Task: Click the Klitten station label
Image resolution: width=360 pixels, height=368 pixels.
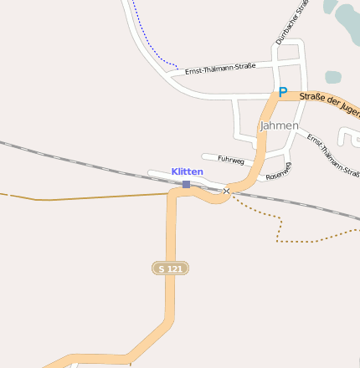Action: click(188, 171)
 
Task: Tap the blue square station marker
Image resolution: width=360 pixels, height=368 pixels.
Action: click(186, 184)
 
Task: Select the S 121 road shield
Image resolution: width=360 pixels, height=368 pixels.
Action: click(170, 268)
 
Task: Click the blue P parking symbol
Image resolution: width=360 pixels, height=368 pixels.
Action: click(282, 92)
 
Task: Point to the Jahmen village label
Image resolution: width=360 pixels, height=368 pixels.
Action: click(279, 125)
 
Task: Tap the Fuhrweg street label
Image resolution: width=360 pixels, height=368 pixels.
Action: click(229, 158)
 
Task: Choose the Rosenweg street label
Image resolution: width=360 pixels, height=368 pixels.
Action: click(278, 171)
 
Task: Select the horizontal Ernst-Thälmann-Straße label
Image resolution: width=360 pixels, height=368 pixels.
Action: click(220, 66)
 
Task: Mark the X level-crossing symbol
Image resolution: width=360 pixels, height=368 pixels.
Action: click(226, 192)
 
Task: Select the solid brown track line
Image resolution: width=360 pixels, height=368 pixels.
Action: click(84, 197)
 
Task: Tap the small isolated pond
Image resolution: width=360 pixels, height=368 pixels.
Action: click(333, 77)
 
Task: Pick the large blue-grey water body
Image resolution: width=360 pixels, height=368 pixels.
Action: click(348, 21)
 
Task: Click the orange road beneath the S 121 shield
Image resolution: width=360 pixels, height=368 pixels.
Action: click(170, 301)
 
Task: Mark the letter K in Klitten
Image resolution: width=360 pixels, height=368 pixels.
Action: click(175, 171)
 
